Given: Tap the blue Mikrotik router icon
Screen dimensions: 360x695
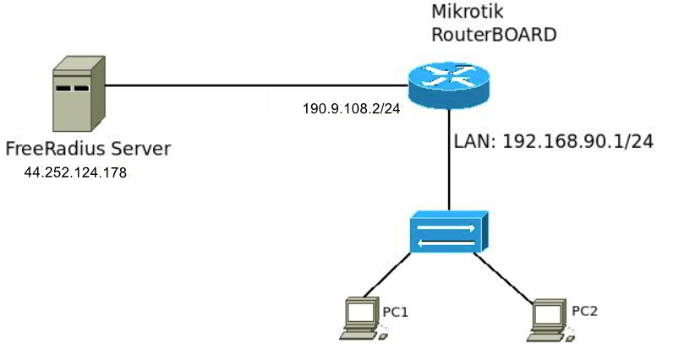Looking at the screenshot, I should click(447, 84).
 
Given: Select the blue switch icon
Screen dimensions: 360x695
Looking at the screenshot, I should click(448, 232).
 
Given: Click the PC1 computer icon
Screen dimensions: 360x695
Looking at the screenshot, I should click(361, 319).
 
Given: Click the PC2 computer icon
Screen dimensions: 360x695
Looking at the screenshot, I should click(550, 319).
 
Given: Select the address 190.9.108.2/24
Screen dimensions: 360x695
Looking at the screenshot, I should click(351, 109).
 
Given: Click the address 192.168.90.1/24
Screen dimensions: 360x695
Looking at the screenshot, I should click(577, 141).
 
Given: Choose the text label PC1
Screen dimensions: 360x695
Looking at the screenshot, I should click(396, 312).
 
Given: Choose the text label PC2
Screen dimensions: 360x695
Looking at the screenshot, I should click(584, 310).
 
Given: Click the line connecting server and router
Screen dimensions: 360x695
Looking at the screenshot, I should click(254, 85).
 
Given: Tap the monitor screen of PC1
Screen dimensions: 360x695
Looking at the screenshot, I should click(361, 313).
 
